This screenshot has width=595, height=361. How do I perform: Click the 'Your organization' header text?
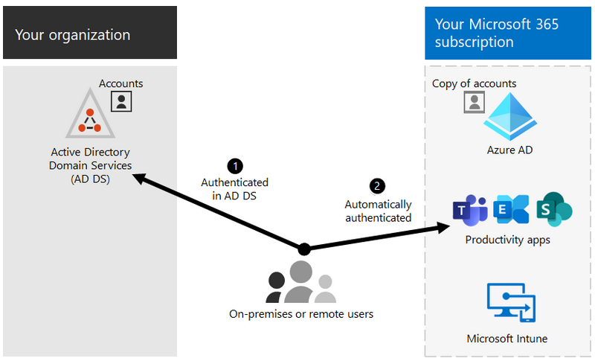[x=72, y=35]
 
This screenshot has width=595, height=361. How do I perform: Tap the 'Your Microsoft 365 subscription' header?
[x=497, y=33]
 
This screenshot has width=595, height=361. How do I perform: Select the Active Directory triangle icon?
[x=90, y=115]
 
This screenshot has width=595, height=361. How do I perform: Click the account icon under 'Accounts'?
[x=121, y=100]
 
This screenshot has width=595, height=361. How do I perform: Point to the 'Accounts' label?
[x=120, y=83]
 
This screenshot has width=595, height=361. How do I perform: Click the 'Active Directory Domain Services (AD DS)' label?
[x=90, y=165]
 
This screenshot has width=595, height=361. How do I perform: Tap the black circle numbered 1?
[x=234, y=165]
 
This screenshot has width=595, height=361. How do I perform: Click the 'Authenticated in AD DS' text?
[x=234, y=189]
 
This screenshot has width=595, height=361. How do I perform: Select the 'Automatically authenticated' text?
[x=378, y=211]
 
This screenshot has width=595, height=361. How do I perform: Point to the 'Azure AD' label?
[x=509, y=150]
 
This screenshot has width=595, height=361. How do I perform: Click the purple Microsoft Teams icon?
[x=470, y=210]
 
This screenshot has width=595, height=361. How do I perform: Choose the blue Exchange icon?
[x=511, y=209]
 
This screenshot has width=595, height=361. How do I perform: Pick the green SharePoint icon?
[x=553, y=208]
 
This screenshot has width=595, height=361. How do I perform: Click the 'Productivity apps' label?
[x=507, y=240]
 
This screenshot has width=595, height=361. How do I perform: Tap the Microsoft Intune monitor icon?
[x=510, y=301]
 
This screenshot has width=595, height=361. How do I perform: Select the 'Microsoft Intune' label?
[x=507, y=339]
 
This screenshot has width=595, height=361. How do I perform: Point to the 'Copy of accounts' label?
[x=474, y=83]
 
